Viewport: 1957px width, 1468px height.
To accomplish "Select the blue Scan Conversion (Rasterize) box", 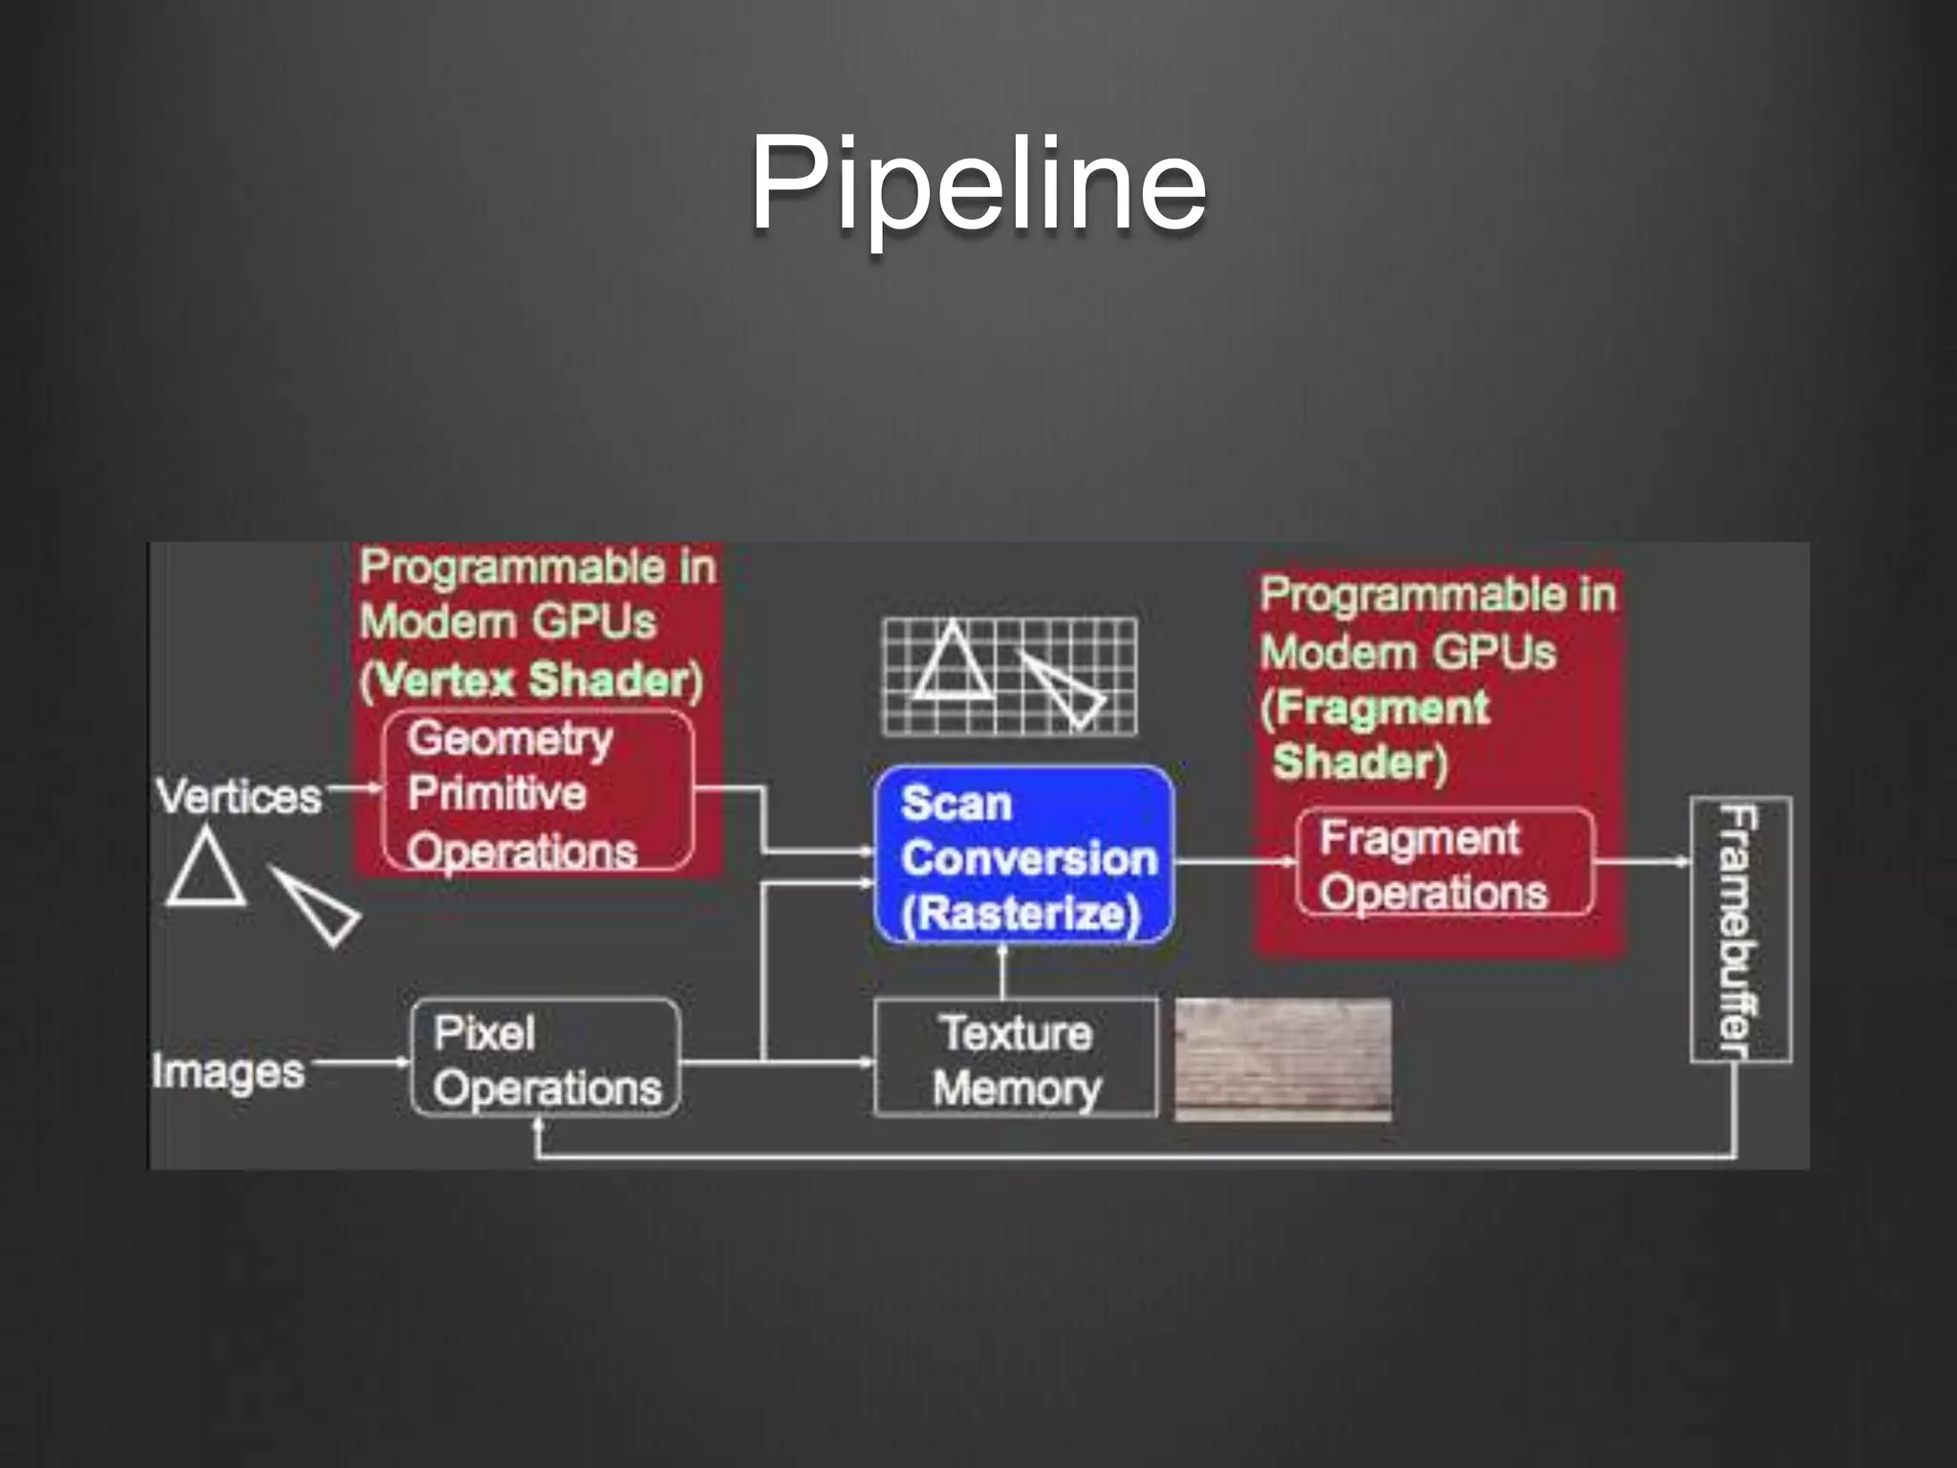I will pyautogui.click(x=1023, y=855).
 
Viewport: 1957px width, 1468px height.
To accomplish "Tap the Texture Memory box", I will pyautogui.click(x=1016, y=1058).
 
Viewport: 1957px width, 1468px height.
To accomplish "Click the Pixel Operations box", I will pyautogui.click(x=546, y=1058).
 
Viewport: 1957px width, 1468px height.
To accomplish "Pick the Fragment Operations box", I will pyautogui.click(x=1444, y=863).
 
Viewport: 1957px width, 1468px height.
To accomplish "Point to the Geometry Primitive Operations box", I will pyautogui.click(x=538, y=791).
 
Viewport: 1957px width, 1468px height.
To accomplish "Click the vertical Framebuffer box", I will pyautogui.click(x=1740, y=928).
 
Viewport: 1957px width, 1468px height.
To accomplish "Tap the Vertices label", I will pyautogui.click(x=239, y=795).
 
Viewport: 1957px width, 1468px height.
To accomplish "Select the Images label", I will pyautogui.click(x=228, y=1071).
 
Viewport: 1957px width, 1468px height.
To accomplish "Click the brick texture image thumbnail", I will pyautogui.click(x=1282, y=1058).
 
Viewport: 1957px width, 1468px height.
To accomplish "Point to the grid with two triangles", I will pyautogui.click(x=1009, y=676).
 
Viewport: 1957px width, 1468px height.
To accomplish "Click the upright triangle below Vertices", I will pyautogui.click(x=205, y=870).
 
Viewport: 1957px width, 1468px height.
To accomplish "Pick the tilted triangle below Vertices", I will pyautogui.click(x=316, y=905).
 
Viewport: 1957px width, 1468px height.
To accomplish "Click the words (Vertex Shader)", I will pyautogui.click(x=531, y=680).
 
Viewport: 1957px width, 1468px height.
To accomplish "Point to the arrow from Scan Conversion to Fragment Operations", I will pyautogui.click(x=1235, y=861).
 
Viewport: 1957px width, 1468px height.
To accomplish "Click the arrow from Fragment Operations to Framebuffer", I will pyautogui.click(x=1642, y=861).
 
